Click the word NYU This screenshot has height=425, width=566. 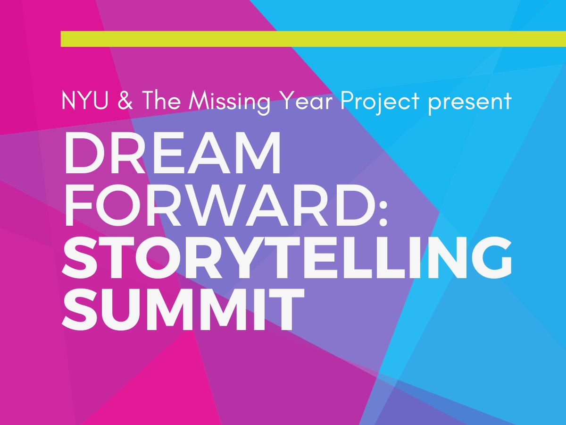(x=85, y=101)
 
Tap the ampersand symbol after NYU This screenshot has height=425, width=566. (x=125, y=101)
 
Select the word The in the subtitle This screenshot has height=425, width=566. (x=161, y=100)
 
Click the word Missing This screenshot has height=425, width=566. (x=230, y=102)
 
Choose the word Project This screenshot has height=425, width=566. (x=380, y=102)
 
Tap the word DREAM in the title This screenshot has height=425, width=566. (x=172, y=153)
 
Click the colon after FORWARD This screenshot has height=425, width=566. (x=383, y=213)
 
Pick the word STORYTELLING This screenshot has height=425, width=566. (x=287, y=257)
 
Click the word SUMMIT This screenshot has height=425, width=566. (x=183, y=309)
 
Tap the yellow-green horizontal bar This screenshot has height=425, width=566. (x=313, y=39)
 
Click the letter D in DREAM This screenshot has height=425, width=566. (x=85, y=153)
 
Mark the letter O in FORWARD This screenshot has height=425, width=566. (x=118, y=205)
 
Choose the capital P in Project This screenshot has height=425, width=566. (x=347, y=101)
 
